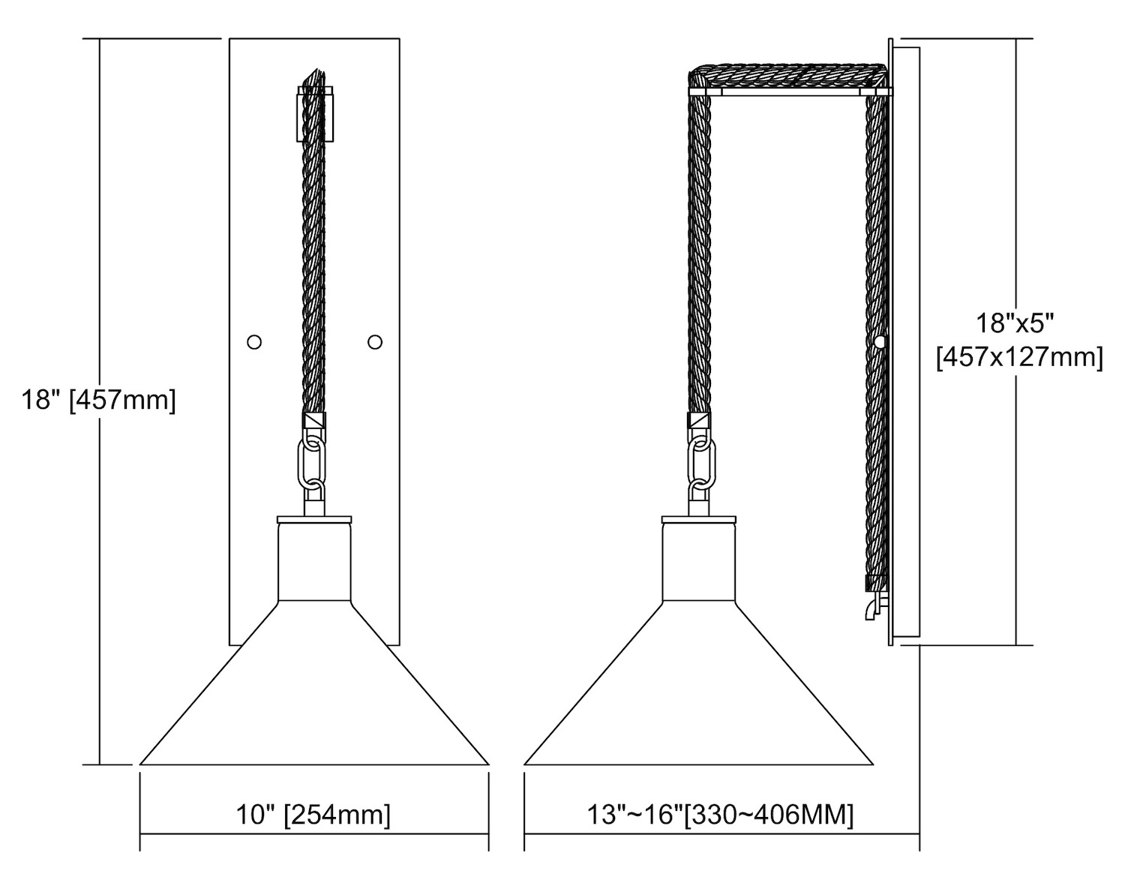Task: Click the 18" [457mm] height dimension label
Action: [98, 401]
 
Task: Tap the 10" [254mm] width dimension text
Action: [313, 814]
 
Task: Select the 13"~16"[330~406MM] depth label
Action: [721, 814]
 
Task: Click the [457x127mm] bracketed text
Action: [1019, 358]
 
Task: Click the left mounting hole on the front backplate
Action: [254, 342]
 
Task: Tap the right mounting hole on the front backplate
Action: [375, 342]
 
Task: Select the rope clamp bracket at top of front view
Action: [315, 114]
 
